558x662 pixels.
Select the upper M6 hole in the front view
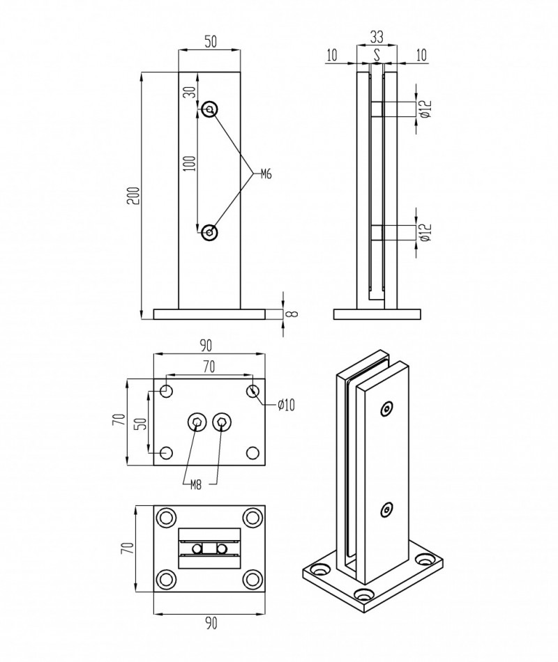[x=209, y=109]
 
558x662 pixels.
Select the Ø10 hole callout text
[x=287, y=405]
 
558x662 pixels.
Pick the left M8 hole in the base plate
[x=197, y=421]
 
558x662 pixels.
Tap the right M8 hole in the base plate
[x=222, y=421]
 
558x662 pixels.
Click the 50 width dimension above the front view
[x=210, y=41]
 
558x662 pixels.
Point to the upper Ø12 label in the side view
[x=426, y=109]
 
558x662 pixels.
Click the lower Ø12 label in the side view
[x=426, y=233]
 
